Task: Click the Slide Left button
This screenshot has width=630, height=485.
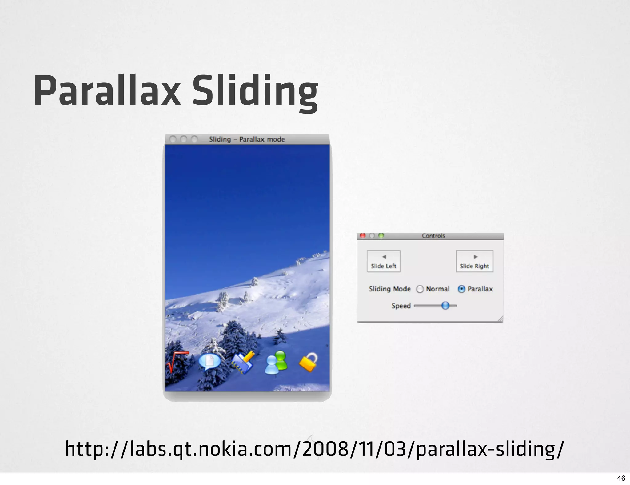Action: [x=384, y=261]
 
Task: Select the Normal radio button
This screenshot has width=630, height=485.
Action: [x=420, y=289]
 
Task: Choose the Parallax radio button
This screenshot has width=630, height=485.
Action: [x=461, y=289]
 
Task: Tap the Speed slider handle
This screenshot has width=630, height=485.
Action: [x=445, y=306]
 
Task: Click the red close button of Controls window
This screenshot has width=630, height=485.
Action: [x=363, y=235]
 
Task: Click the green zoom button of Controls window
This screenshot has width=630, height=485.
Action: [x=381, y=235]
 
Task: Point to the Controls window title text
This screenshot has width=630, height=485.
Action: [x=433, y=236]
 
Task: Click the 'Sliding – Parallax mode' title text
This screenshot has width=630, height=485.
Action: [x=247, y=139]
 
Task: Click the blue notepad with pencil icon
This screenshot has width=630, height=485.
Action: [x=243, y=363]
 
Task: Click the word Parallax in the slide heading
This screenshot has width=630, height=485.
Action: [x=107, y=91]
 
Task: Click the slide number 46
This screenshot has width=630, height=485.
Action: [x=621, y=478]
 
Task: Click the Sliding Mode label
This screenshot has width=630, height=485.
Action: [x=389, y=289]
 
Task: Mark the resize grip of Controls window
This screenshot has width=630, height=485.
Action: [x=500, y=319]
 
